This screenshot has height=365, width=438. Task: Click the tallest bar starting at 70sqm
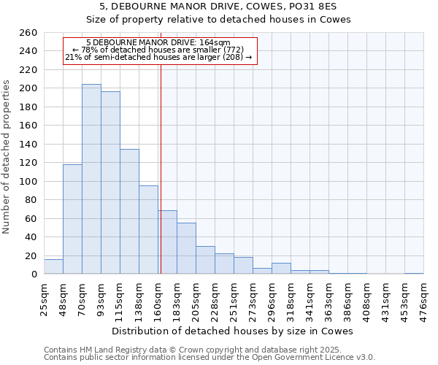tap(91, 179)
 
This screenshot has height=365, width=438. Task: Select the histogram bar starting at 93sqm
tap(110, 182)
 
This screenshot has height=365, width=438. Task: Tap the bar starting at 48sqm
tap(72, 219)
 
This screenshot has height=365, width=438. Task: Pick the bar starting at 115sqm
tap(129, 212)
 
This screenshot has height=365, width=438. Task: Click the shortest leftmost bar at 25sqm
tap(53, 267)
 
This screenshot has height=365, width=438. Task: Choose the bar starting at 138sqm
tap(148, 230)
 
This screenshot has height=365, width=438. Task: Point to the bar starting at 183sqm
tap(186, 248)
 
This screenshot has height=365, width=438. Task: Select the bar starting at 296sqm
tap(281, 269)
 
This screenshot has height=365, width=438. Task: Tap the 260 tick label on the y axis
tap(28, 33)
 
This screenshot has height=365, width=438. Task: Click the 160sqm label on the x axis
tap(158, 299)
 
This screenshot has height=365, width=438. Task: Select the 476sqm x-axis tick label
tap(423, 299)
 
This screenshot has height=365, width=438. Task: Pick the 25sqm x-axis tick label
tap(44, 299)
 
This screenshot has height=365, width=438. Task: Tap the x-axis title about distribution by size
tap(233, 331)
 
